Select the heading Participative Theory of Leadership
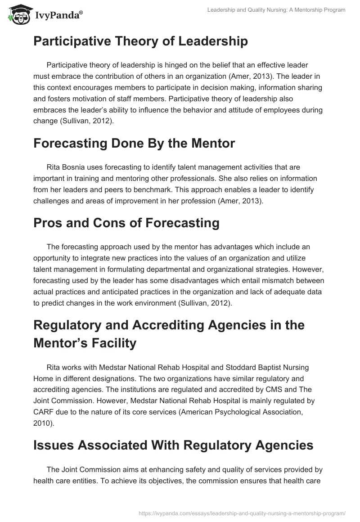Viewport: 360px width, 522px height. pyautogui.click(x=140, y=41)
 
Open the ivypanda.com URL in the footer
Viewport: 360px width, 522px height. pyautogui.click(x=242, y=513)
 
